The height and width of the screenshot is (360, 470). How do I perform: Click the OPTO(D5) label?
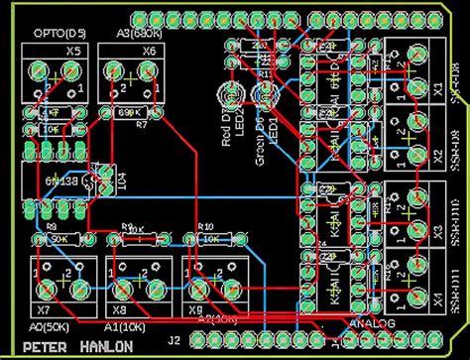(x=57, y=33)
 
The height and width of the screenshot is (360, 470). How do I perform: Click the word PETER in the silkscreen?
(x=47, y=346)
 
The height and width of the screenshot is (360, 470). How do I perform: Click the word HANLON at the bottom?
(x=102, y=346)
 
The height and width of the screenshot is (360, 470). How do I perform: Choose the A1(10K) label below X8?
(x=122, y=324)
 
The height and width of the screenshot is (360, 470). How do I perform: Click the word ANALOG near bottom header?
(x=373, y=324)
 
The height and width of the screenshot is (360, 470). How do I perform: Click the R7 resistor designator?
(x=142, y=126)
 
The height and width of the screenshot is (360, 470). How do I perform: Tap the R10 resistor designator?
(x=206, y=226)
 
